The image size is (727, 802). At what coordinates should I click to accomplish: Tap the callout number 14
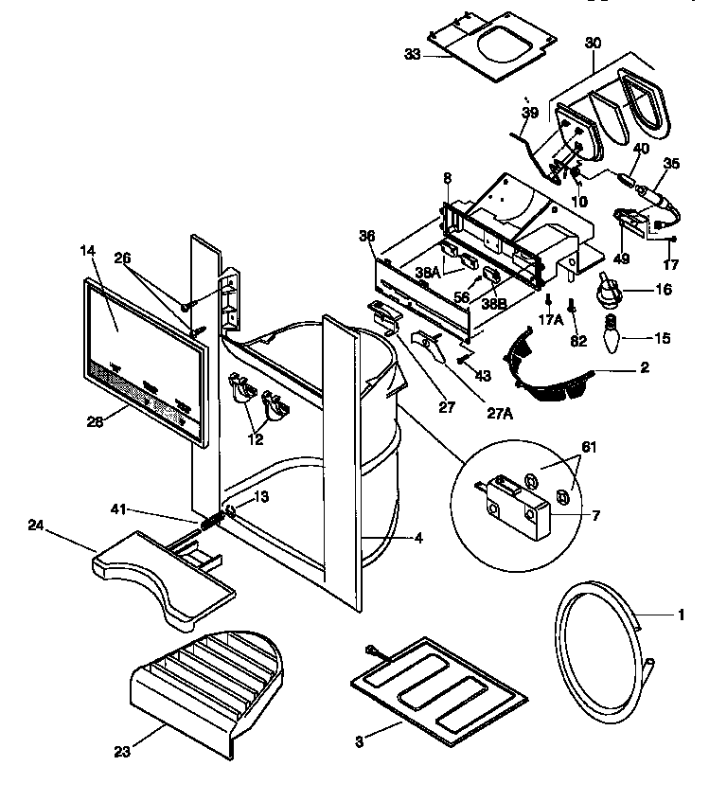(88, 251)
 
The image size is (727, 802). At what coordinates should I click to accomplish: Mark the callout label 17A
(549, 320)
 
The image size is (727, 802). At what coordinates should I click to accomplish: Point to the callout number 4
(417, 539)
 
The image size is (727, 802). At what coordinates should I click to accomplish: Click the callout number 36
(367, 235)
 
